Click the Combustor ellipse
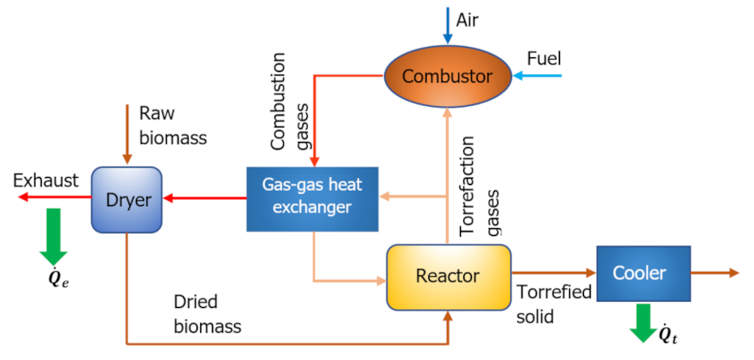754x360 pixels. click(446, 76)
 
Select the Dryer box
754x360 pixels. click(127, 199)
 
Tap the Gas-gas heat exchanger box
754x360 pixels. click(313, 199)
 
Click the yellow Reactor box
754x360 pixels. click(448, 275)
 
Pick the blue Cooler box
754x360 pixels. click(642, 273)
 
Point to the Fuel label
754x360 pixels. click(544, 59)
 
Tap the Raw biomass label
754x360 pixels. click(173, 124)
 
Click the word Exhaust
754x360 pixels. click(46, 180)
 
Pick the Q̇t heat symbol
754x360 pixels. click(669, 334)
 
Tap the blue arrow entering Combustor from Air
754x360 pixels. click(446, 24)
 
